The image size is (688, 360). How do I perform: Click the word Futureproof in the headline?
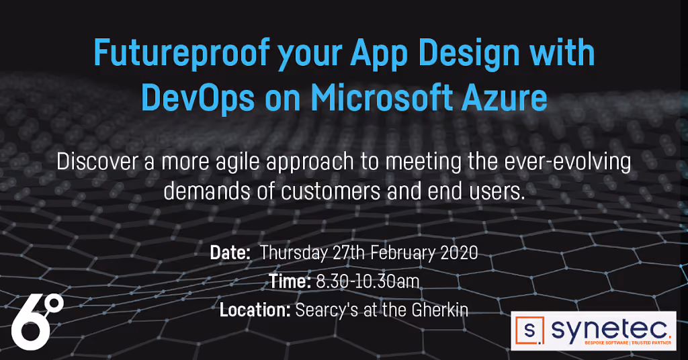[x=181, y=54]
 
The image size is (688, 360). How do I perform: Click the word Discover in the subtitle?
[x=97, y=162]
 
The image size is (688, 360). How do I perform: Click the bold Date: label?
[x=230, y=253]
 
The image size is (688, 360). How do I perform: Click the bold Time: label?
[x=290, y=281]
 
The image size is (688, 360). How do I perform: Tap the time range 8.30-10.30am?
[x=368, y=281]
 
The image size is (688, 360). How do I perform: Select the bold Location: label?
[x=255, y=310]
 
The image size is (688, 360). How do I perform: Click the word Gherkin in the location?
[x=439, y=310]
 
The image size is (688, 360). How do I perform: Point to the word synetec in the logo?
[x=610, y=330]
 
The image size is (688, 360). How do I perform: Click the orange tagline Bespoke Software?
[x=607, y=343]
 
